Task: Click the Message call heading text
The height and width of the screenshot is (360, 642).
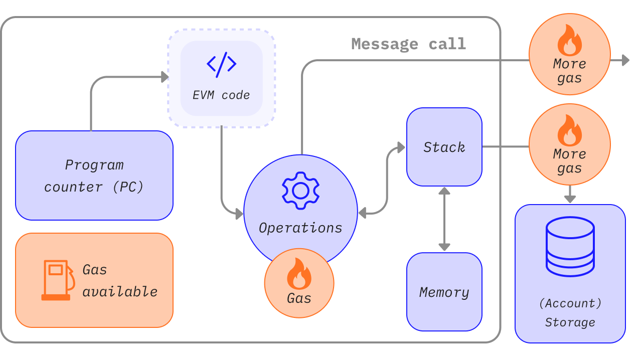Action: pyautogui.click(x=408, y=44)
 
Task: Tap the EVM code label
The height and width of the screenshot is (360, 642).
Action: pyautogui.click(x=221, y=95)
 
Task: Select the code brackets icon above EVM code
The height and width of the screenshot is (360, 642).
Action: pyautogui.click(x=221, y=65)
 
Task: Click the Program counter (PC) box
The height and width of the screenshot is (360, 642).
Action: pyautogui.click(x=94, y=175)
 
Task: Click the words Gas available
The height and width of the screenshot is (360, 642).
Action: pyautogui.click(x=120, y=280)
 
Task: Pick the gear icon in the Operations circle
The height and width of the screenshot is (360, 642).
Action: pyautogui.click(x=300, y=191)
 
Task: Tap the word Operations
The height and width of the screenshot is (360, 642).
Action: pyautogui.click(x=300, y=228)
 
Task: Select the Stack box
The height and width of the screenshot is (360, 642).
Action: pyautogui.click(x=444, y=147)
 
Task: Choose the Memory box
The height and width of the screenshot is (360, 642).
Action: pyautogui.click(x=444, y=292)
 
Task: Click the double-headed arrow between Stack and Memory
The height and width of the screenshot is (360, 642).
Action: pyautogui.click(x=444, y=219)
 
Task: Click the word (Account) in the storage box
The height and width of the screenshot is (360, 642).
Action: pyautogui.click(x=570, y=303)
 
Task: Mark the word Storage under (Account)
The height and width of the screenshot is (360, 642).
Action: pyautogui.click(x=570, y=322)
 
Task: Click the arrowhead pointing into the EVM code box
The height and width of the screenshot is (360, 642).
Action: pyautogui.click(x=165, y=77)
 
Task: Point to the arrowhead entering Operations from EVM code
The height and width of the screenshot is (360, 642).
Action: pyautogui.click(x=239, y=214)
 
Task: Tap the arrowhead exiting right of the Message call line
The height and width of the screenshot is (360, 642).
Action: pyautogui.click(x=625, y=60)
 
